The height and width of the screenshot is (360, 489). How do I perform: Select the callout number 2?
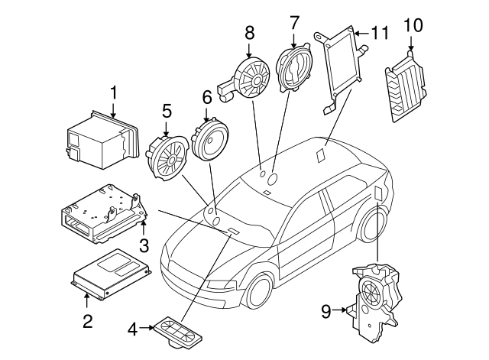pos(87,321)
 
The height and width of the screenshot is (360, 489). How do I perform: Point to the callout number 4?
pos(133,329)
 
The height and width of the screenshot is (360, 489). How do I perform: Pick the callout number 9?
pos(326,310)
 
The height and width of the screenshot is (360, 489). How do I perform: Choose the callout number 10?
pos(412,25)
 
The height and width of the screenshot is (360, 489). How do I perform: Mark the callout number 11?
pos(380,33)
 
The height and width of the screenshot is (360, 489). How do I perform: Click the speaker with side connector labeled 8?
pos(251,79)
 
